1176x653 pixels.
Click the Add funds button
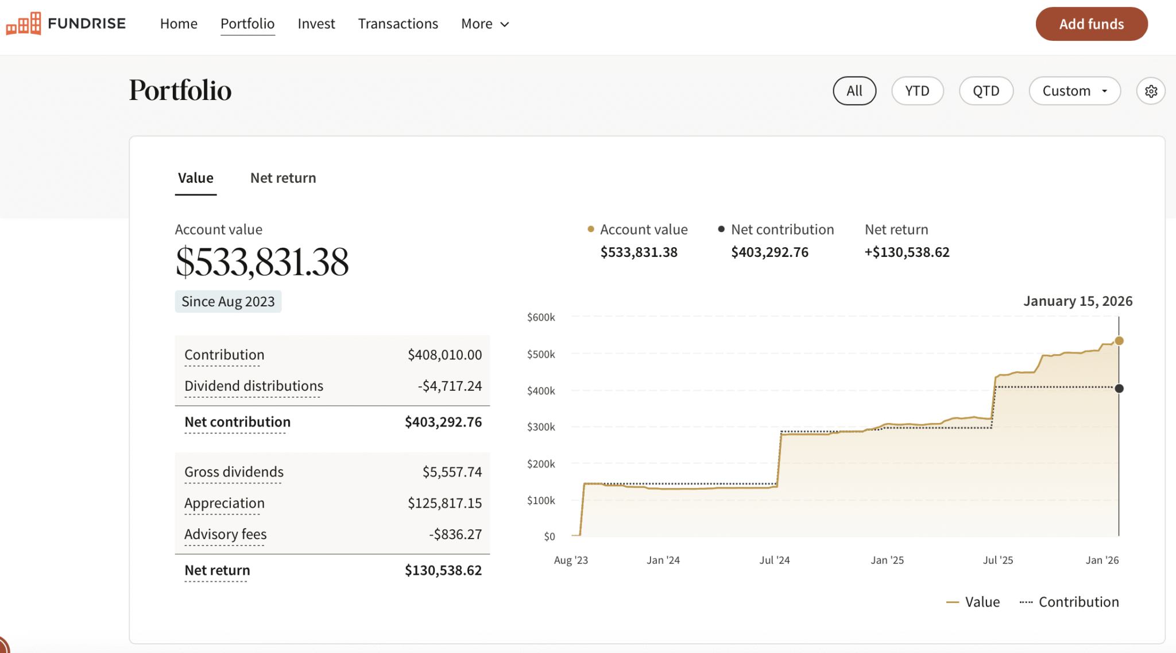tap(1091, 24)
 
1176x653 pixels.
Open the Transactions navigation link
tap(398, 24)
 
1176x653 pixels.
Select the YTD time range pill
tap(917, 91)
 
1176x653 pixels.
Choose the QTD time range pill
tap(985, 91)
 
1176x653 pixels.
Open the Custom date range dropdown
tap(1074, 91)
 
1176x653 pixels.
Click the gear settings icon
tap(1151, 91)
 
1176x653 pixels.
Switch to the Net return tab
tap(283, 178)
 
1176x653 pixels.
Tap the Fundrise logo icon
tap(24, 24)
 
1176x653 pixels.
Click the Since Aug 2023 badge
tap(228, 302)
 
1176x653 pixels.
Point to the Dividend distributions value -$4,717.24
tap(450, 386)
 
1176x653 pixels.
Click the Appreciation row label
tap(225, 504)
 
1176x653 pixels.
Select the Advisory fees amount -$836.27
tap(455, 535)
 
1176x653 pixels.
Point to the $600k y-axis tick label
tap(541, 317)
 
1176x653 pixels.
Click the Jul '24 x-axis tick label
tap(775, 560)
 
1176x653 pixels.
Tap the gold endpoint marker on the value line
tap(1119, 341)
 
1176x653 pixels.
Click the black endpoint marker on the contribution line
tap(1119, 389)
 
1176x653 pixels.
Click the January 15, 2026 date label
tap(1078, 301)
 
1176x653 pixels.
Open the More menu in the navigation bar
tap(485, 24)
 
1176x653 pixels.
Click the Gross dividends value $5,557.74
tap(452, 473)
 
